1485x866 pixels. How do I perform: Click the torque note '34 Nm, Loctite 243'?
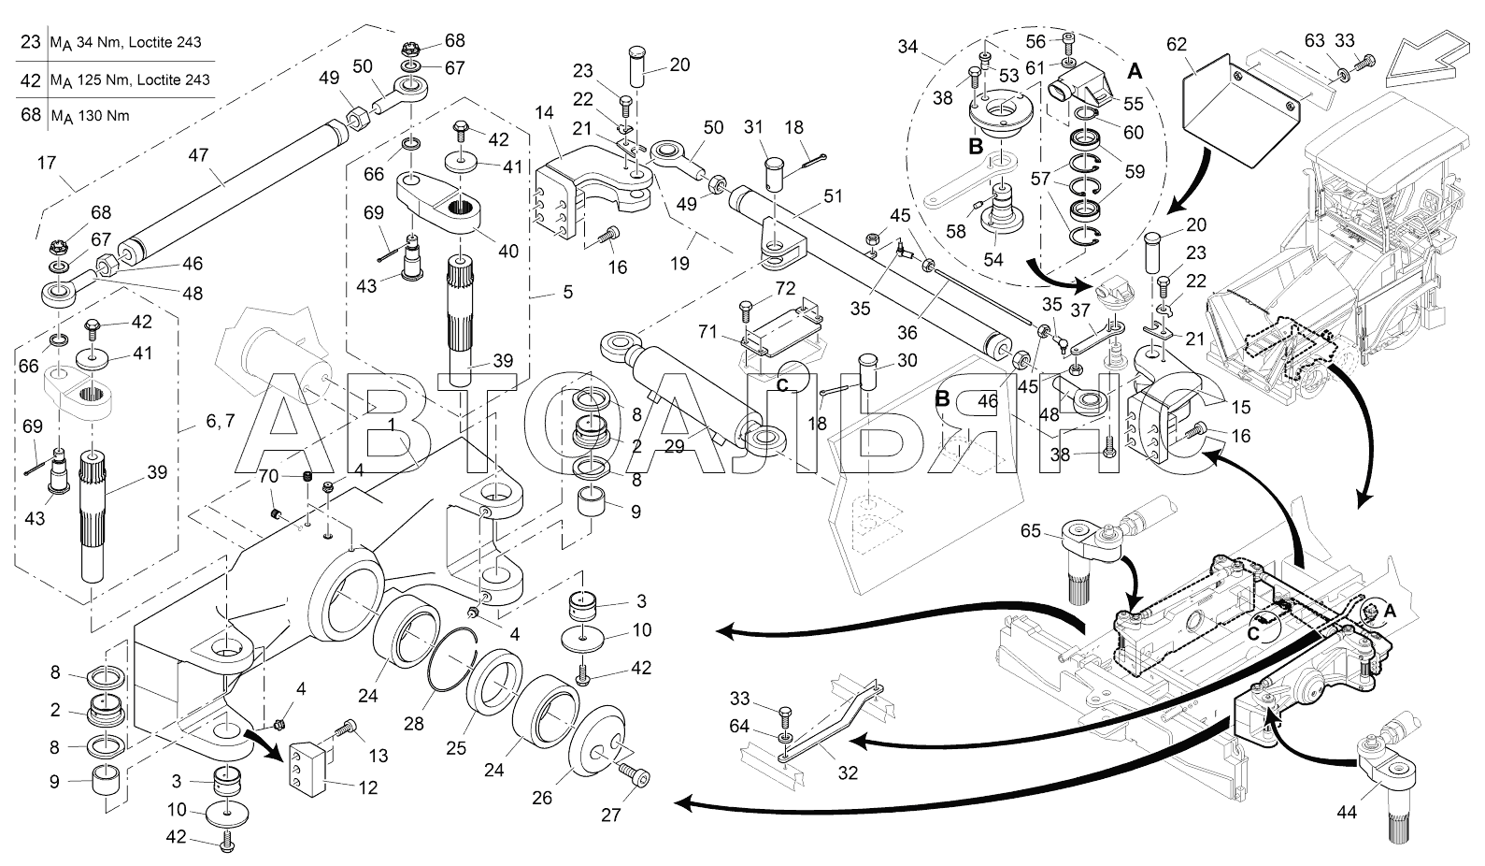(139, 42)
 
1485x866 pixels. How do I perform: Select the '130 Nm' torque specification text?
(104, 116)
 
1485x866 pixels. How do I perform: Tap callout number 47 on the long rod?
(198, 154)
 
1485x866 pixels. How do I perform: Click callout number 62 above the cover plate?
(1177, 45)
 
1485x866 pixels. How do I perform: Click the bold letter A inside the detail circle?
(1135, 70)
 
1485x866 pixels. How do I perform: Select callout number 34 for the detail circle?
(907, 47)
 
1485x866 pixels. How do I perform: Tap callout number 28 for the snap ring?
(414, 723)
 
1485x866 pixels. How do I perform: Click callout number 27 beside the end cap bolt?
(610, 815)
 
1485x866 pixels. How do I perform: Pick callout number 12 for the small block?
(368, 787)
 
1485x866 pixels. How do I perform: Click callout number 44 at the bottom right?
(1347, 812)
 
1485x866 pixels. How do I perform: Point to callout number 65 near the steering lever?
(1030, 531)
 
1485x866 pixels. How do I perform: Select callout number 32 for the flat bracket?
(848, 772)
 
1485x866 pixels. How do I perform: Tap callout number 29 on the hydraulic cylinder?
(674, 446)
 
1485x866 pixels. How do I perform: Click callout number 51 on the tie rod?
(833, 196)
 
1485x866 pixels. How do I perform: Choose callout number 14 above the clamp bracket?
(544, 113)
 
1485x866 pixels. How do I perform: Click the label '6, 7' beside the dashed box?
(221, 420)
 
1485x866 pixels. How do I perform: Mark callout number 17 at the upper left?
(47, 163)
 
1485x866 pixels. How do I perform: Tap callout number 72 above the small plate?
(785, 288)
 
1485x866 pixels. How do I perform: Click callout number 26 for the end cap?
(542, 798)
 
